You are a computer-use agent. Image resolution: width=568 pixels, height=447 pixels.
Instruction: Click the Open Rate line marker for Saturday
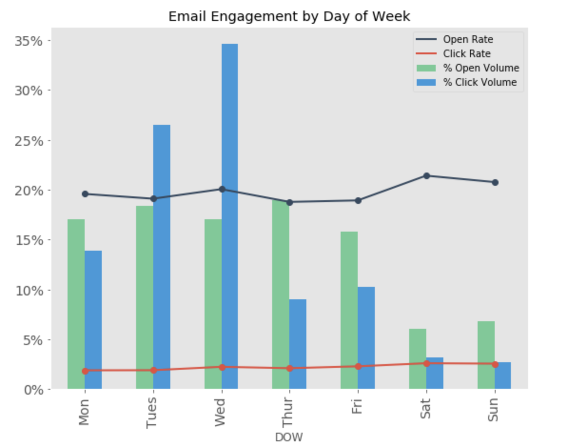click(x=427, y=176)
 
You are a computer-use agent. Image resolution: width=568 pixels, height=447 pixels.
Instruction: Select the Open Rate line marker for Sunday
click(x=495, y=183)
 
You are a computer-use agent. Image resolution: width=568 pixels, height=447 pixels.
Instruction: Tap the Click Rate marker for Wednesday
click(x=222, y=367)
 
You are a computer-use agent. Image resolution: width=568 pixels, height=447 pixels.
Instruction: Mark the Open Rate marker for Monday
click(x=85, y=194)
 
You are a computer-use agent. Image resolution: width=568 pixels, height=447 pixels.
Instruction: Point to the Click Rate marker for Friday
click(x=358, y=366)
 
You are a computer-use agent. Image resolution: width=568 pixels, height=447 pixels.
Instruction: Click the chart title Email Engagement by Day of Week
click(x=289, y=17)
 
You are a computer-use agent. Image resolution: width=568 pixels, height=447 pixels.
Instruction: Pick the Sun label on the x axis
click(x=494, y=409)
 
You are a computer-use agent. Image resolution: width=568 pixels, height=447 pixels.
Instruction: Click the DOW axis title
click(x=289, y=437)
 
